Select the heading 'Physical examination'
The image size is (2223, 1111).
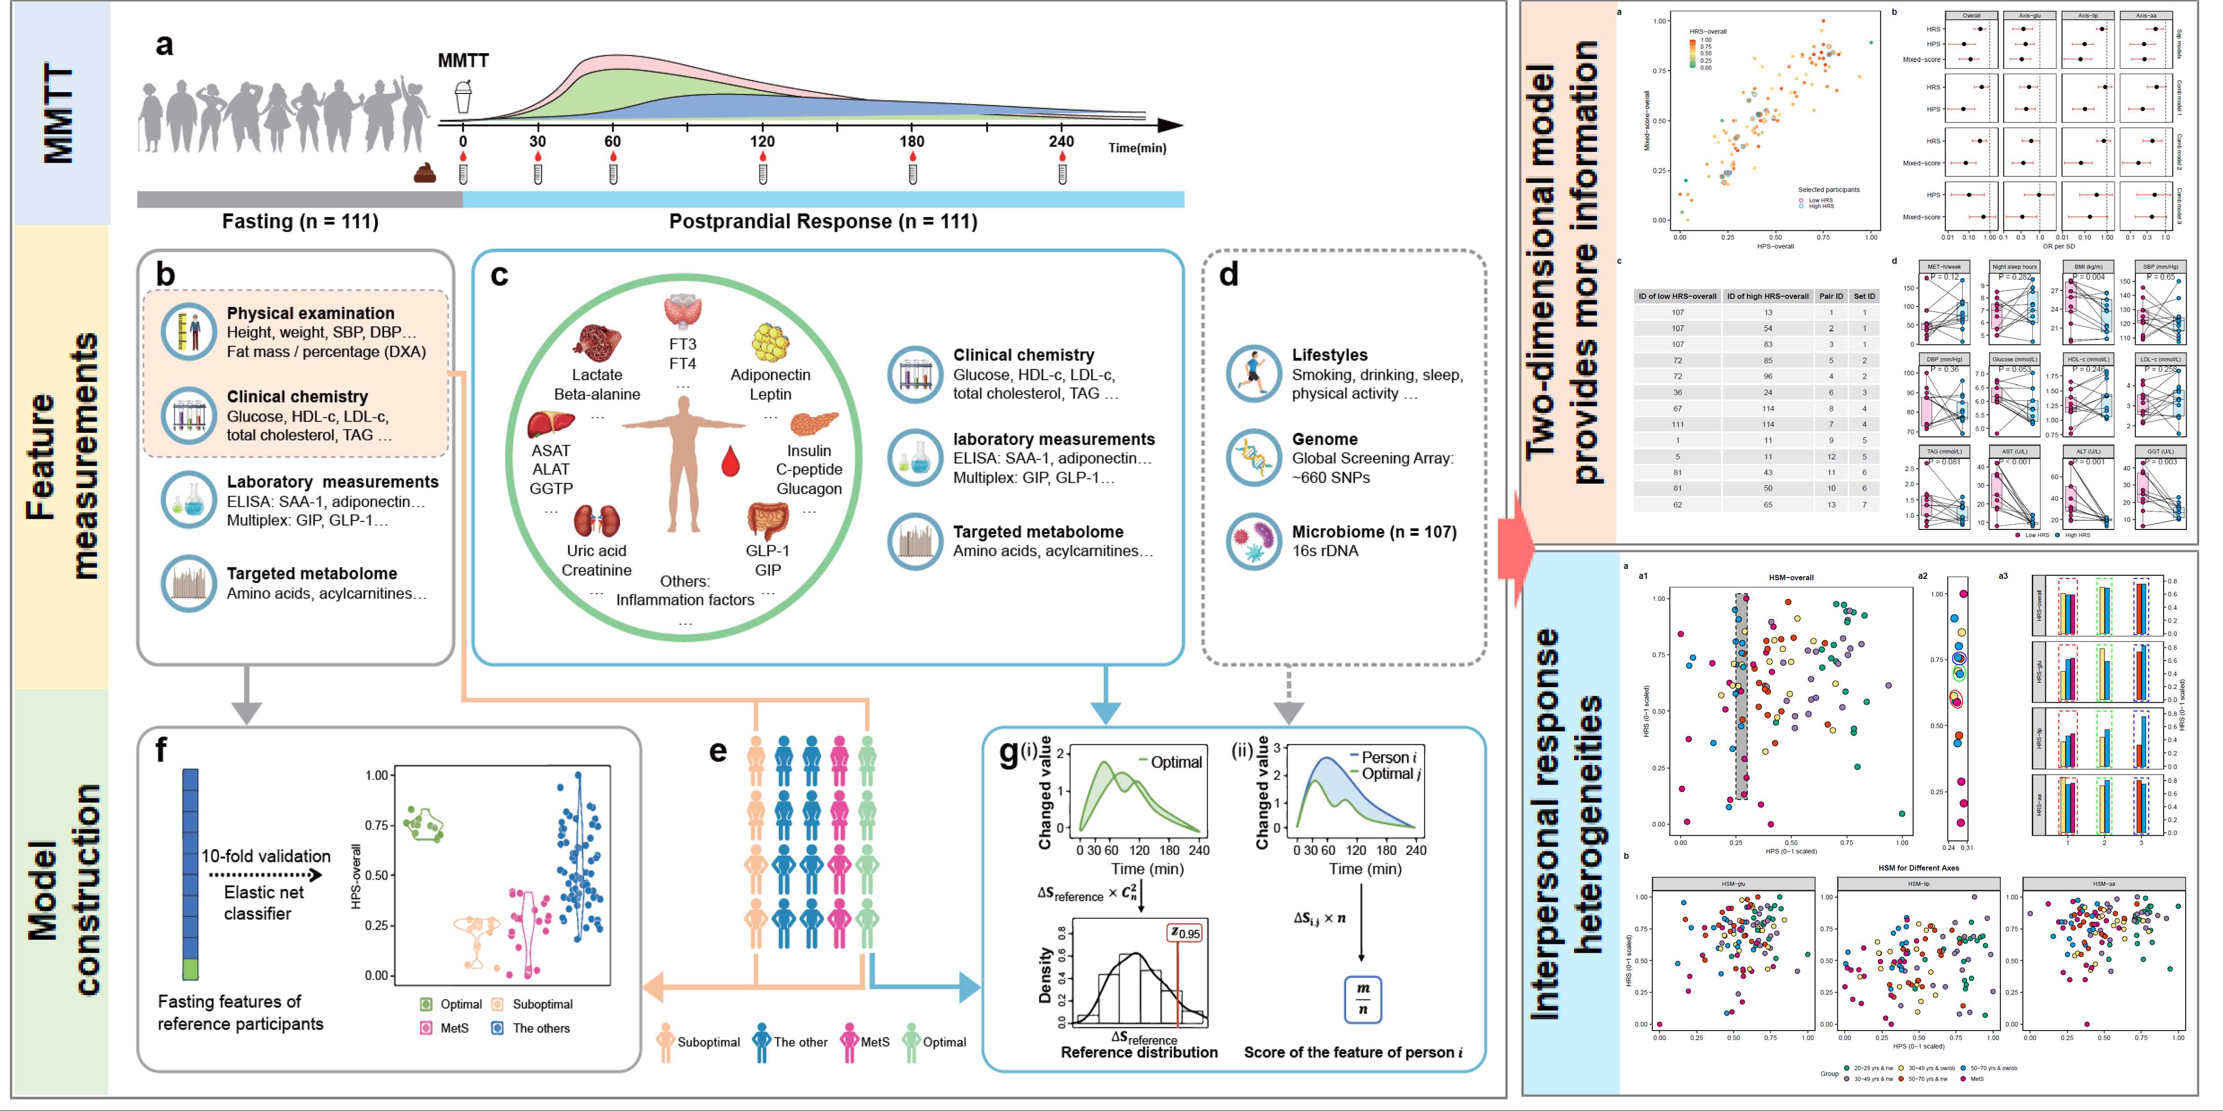[311, 314]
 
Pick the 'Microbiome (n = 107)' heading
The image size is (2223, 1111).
[1374, 532]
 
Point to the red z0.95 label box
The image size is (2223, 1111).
[1185, 933]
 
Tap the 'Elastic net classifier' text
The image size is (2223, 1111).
[257, 903]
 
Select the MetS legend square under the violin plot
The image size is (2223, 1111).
[425, 1028]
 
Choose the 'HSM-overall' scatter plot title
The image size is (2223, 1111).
[1791, 578]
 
